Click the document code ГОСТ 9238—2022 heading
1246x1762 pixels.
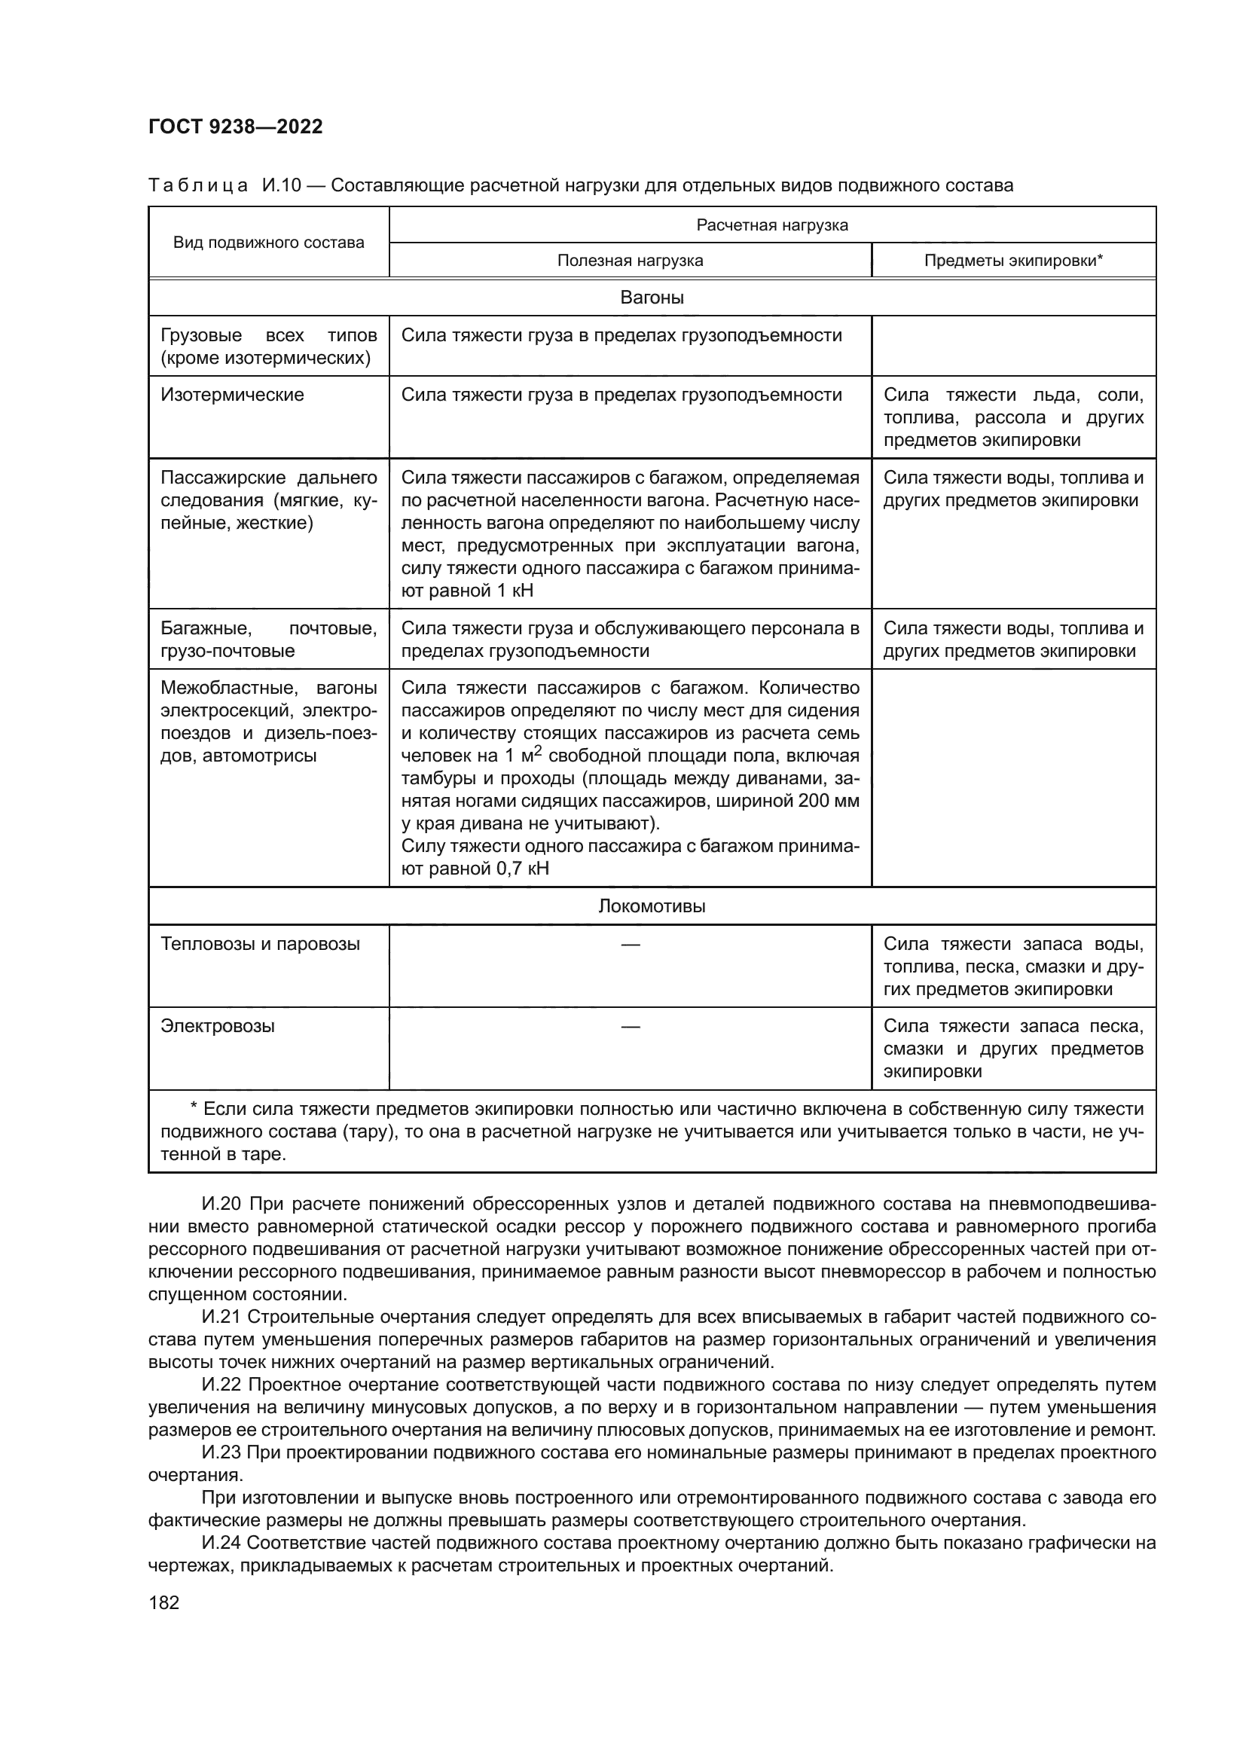(236, 127)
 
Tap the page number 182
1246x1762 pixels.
(163, 1602)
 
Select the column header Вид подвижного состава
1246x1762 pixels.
(268, 243)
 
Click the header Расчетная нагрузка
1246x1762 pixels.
(772, 224)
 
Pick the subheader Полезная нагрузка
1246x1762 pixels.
(630, 260)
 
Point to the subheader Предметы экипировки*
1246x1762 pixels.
(1012, 260)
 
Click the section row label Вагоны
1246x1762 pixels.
(652, 298)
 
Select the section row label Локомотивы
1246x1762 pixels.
(652, 906)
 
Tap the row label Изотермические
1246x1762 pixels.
(232, 395)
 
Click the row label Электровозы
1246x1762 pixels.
(217, 1026)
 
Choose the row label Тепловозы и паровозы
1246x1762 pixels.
(260, 944)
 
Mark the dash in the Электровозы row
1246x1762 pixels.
(630, 1026)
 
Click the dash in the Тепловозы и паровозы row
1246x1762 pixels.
(630, 944)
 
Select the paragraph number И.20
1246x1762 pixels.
(221, 1204)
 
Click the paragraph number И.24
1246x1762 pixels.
(221, 1543)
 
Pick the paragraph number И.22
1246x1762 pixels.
(221, 1385)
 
